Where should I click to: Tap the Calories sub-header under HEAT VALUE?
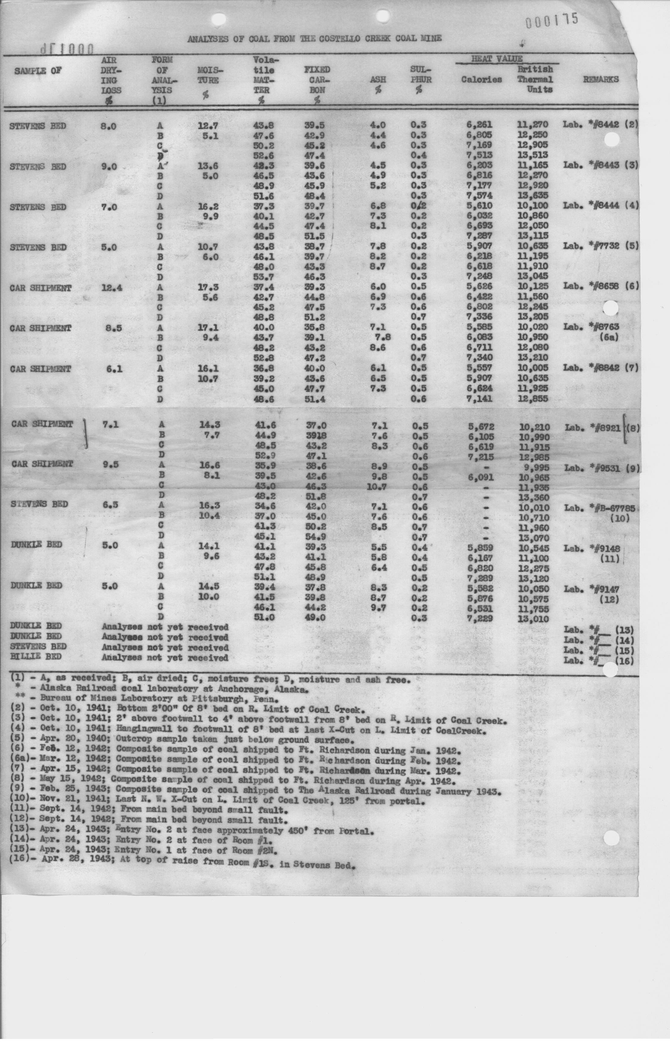481,80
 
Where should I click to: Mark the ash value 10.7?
376,487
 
